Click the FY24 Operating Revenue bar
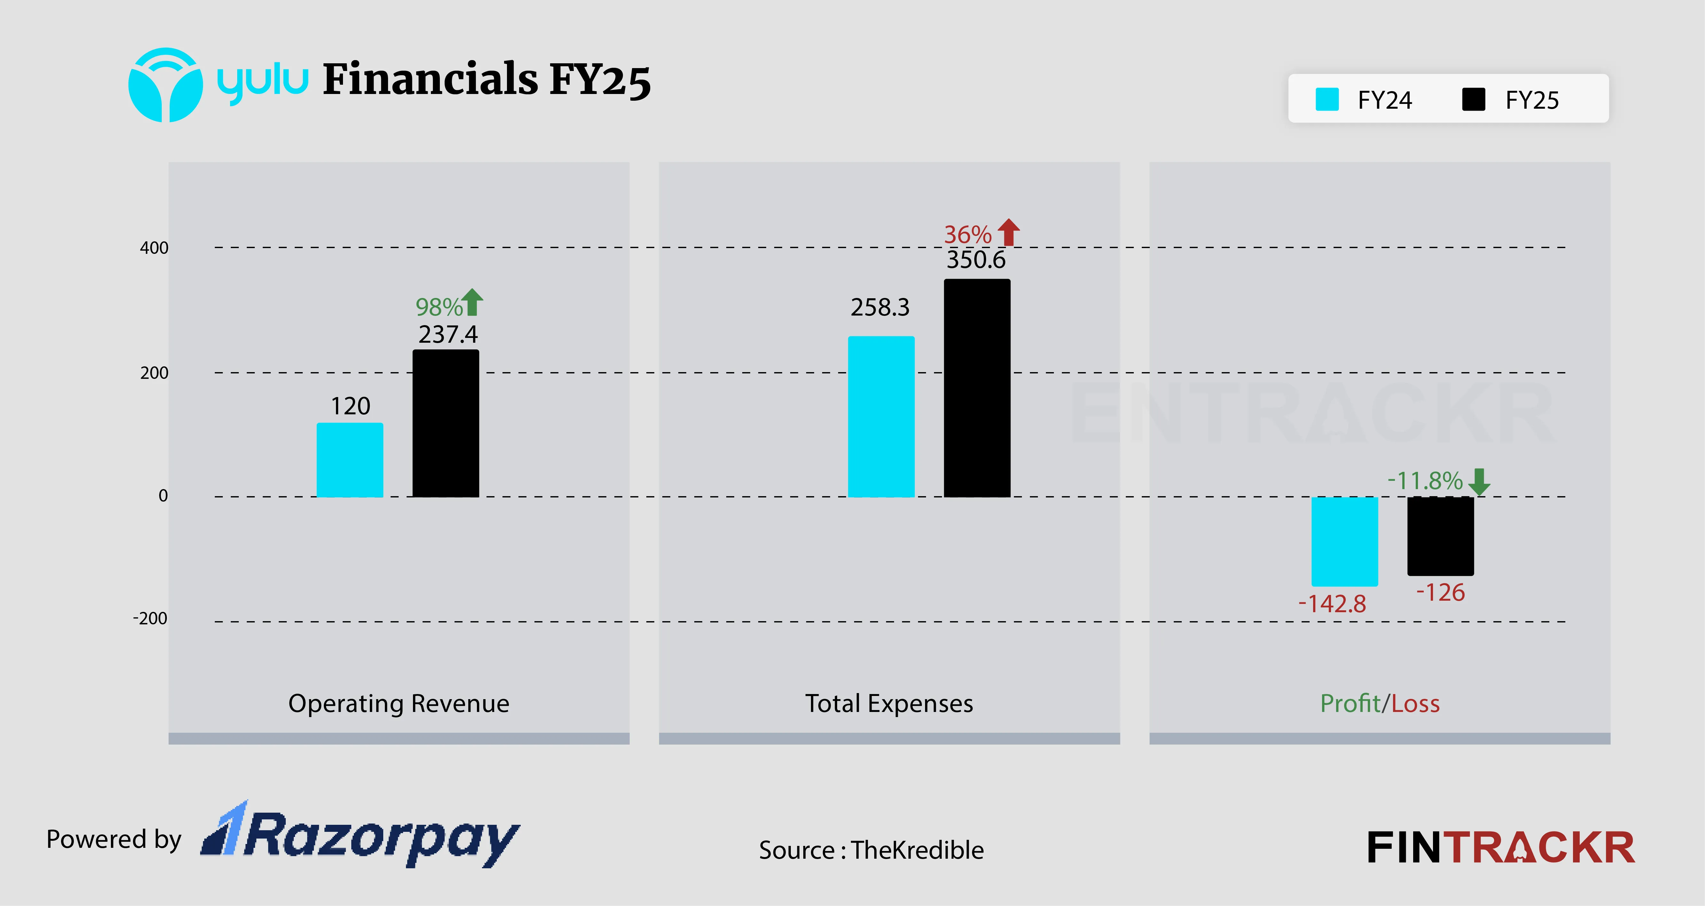pyautogui.click(x=349, y=460)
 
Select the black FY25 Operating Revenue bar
pyautogui.click(x=446, y=424)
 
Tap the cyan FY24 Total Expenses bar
pyautogui.click(x=881, y=417)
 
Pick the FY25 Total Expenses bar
pyautogui.click(x=977, y=388)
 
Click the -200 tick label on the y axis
pyautogui.click(x=150, y=619)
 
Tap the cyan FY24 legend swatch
pyautogui.click(x=1327, y=100)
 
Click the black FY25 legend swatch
pyautogui.click(x=1473, y=100)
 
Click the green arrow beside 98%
pyautogui.click(x=472, y=302)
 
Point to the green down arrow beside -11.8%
pyautogui.click(x=1479, y=481)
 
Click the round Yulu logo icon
pyautogui.click(x=166, y=85)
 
